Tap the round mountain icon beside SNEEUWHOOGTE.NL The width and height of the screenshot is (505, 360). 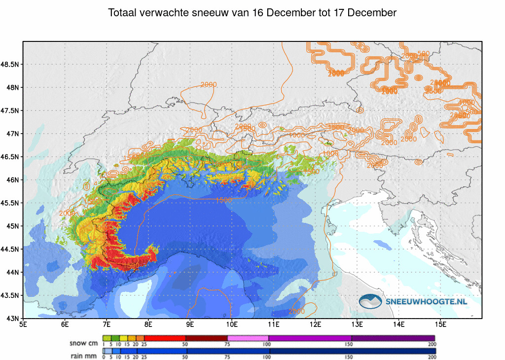click(370, 301)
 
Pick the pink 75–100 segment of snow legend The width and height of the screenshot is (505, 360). click(248, 338)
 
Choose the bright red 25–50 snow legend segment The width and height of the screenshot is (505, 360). click(164, 338)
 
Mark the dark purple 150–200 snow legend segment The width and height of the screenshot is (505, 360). click(393, 338)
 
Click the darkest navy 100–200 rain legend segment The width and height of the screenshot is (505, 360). click(351, 351)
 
